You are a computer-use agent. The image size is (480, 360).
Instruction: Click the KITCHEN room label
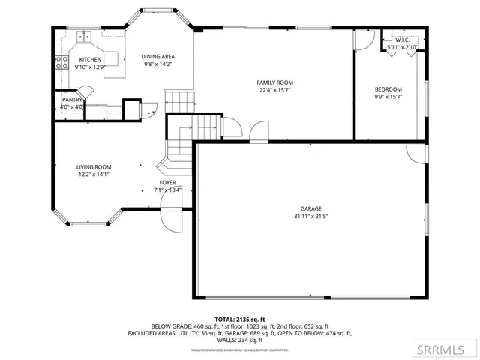[90, 59]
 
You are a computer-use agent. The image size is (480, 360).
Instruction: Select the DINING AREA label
[158, 57]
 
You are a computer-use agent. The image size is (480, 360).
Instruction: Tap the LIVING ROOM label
[94, 167]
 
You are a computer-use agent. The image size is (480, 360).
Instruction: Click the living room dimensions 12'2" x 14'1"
[94, 175]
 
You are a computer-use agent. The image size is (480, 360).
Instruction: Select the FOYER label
[167, 182]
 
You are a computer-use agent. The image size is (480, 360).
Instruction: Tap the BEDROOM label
[388, 89]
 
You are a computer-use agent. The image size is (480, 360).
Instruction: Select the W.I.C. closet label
[401, 40]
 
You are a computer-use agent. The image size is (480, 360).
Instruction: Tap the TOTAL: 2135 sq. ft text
[239, 318]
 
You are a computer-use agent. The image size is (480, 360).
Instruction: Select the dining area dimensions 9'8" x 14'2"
[158, 64]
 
